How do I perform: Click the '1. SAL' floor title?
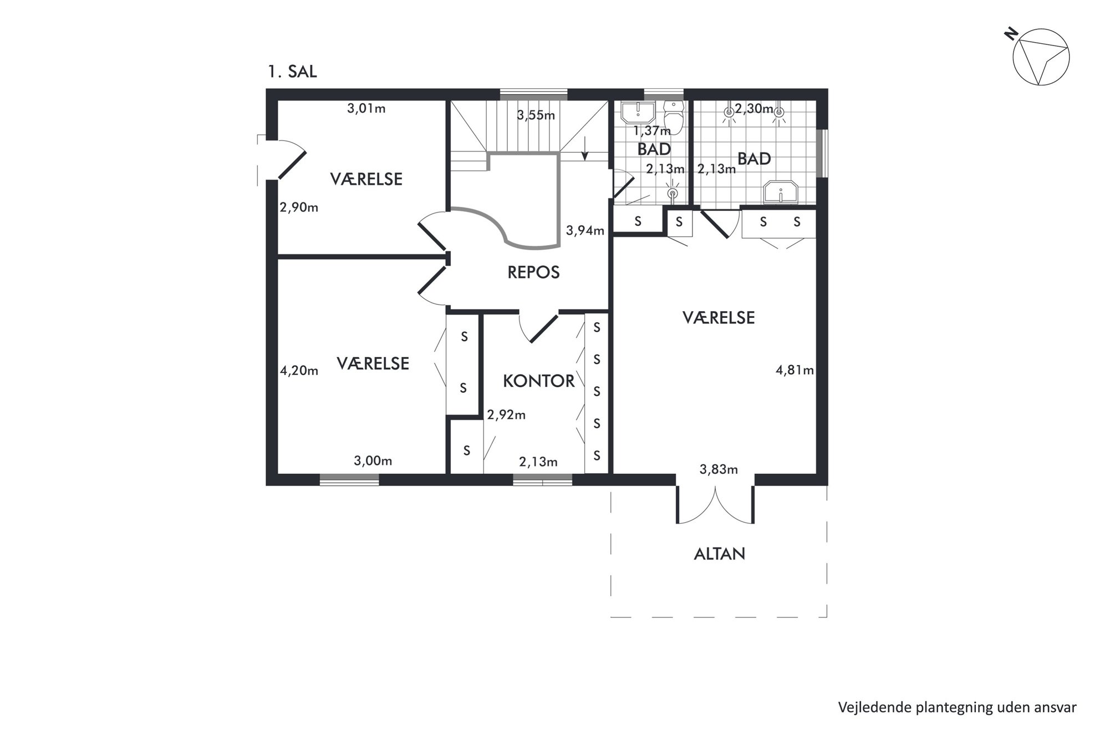pos(292,72)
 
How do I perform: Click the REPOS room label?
pos(533,272)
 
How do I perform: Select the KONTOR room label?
pos(538,381)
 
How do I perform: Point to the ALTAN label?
pos(719,554)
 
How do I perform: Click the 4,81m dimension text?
pos(795,370)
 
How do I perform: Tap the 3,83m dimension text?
pos(719,469)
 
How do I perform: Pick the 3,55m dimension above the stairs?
pos(536,115)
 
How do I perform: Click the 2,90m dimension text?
pos(299,207)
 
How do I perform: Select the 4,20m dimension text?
pos(299,371)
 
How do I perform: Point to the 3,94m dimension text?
pos(585,230)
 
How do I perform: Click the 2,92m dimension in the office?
pos(506,414)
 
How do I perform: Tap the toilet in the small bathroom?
pos(674,115)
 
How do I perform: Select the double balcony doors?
pos(715,504)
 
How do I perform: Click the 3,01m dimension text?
pos(366,109)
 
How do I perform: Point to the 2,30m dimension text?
pos(754,109)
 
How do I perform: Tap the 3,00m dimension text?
pos(373,460)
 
